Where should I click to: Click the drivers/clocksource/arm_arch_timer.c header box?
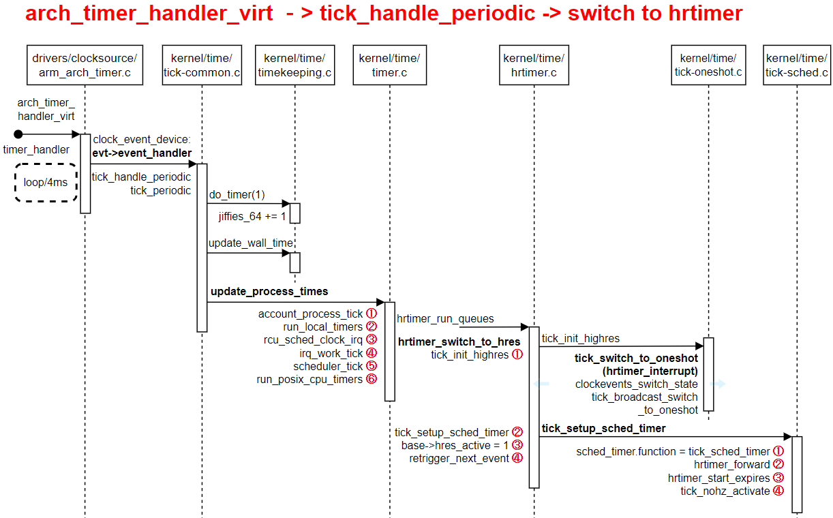pos(85,65)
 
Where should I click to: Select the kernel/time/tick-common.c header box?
pos(202,65)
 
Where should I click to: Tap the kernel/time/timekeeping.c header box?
pos(294,65)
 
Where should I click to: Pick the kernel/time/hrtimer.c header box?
pos(534,65)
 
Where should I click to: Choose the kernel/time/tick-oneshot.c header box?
pos(708,65)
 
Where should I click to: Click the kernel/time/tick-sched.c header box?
pos(797,65)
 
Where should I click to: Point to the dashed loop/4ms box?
pos(46,183)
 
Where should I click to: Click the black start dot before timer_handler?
pos(18,134)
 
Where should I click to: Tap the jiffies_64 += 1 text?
pos(252,217)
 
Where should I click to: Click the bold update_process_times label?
pos(269,292)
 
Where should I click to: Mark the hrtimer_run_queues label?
pos(445,318)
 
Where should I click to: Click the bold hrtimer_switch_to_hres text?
pos(459,341)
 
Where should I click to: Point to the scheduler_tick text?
pos(328,366)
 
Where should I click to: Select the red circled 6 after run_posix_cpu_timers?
pos(372,379)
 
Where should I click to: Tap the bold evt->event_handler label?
pos(142,153)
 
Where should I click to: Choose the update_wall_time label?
pos(250,243)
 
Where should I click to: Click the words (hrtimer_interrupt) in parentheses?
pos(650,371)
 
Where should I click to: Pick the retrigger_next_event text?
pos(459,458)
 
